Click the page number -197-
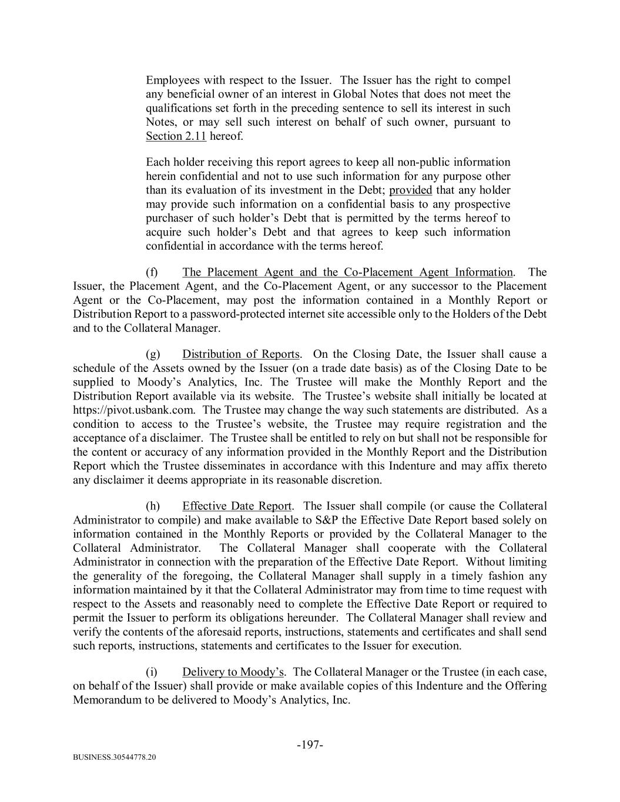[310, 745]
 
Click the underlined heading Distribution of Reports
[241, 354]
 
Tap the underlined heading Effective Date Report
[237, 506]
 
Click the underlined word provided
[411, 190]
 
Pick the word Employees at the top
[172, 80]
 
